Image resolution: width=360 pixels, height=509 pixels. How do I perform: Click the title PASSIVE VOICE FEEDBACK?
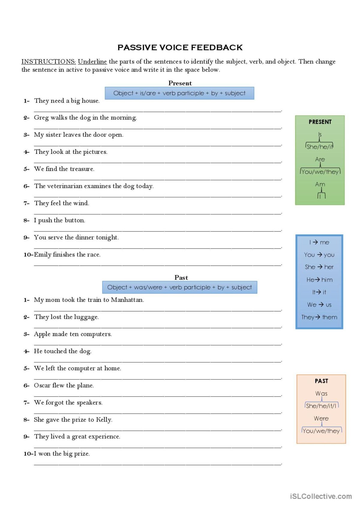[180, 47]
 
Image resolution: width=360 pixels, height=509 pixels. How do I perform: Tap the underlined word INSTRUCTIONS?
[48, 61]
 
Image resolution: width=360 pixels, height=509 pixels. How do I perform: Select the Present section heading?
[180, 83]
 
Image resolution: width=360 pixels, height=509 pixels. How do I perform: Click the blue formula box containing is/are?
[179, 93]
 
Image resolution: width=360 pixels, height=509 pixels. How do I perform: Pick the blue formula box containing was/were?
[179, 287]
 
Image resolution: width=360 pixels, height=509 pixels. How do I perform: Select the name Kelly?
[103, 420]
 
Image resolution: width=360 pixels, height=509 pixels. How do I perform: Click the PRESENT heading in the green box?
[320, 122]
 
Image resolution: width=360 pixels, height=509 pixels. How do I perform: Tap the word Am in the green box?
[320, 184]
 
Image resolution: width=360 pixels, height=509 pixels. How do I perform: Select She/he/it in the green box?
[319, 147]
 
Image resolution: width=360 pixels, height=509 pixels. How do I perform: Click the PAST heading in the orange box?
[321, 381]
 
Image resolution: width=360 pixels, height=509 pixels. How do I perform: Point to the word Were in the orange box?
[321, 418]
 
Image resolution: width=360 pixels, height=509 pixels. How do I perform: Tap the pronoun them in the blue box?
[330, 317]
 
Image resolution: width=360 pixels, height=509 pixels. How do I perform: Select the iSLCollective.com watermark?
[321, 496]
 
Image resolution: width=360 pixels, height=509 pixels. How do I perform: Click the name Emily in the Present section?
[43, 255]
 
